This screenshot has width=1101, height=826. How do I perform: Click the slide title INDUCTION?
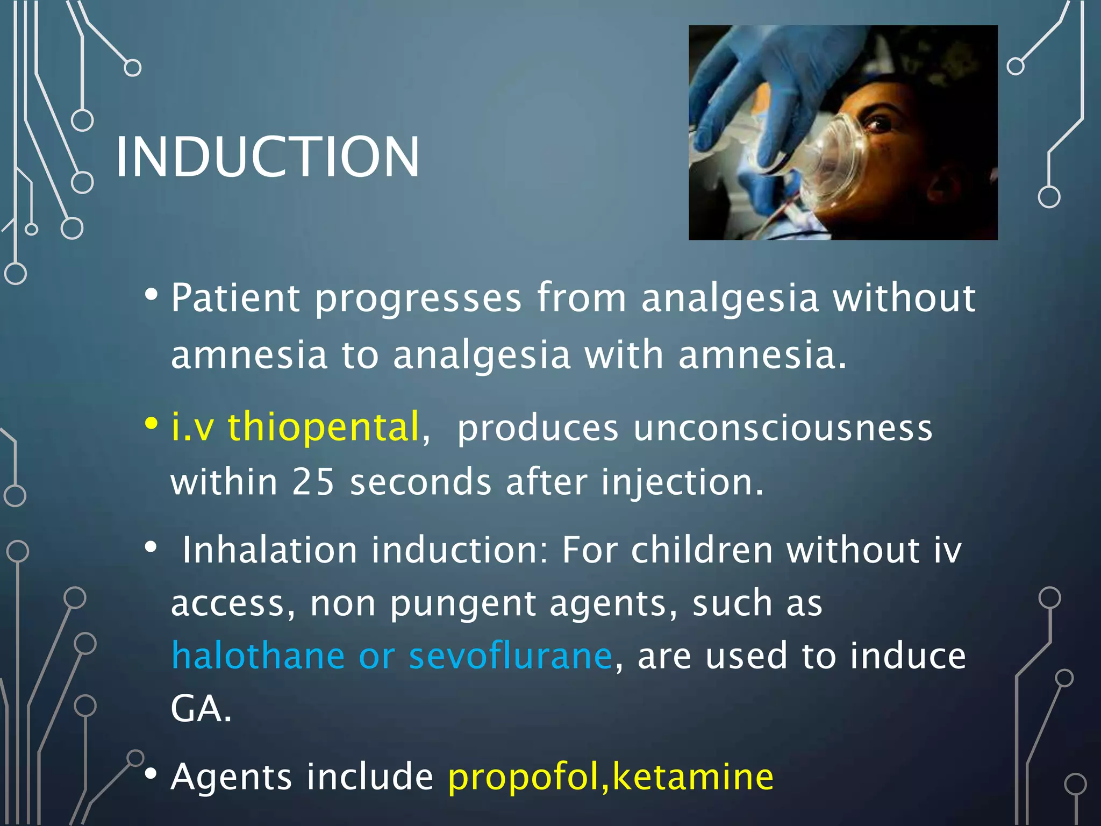(267, 156)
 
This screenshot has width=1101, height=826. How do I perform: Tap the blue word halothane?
(258, 656)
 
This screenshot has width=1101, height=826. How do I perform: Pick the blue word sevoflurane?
(510, 656)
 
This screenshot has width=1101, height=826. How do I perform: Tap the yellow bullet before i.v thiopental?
(151, 423)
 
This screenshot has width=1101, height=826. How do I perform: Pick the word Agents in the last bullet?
(232, 778)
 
